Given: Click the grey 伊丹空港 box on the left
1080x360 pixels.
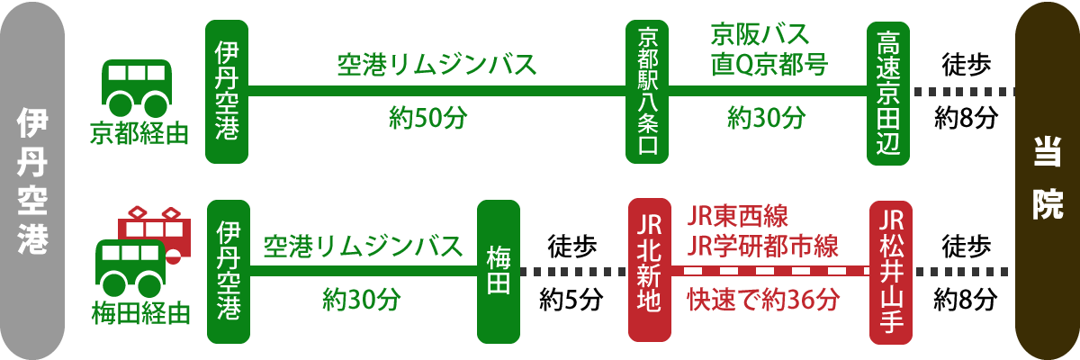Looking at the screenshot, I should tap(31, 180).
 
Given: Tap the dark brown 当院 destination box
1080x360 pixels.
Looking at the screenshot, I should tap(1047, 180).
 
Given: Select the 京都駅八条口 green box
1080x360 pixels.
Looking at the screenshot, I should tap(648, 92).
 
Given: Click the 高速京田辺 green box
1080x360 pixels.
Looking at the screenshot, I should tap(889, 92).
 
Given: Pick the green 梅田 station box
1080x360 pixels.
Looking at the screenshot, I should tap(499, 271).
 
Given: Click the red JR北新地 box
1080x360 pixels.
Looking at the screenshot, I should tap(648, 271).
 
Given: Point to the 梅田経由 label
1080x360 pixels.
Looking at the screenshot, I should tap(141, 313).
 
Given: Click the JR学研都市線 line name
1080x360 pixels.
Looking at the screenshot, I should tap(762, 244).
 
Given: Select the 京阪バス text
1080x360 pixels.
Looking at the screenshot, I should tap(760, 36).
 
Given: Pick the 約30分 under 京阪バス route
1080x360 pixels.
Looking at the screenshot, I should tap(766, 118).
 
